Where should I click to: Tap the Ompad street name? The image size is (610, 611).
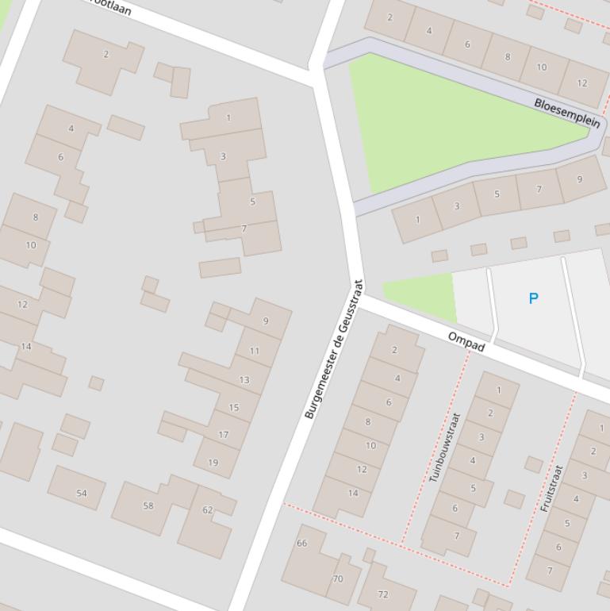[x=466, y=342]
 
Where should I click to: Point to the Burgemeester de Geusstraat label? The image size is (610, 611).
[x=334, y=349]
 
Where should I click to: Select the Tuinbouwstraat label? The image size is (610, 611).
[x=445, y=447]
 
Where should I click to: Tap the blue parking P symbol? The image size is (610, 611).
[x=533, y=298]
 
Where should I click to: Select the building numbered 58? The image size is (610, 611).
[x=148, y=505]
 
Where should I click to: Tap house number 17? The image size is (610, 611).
[x=224, y=435]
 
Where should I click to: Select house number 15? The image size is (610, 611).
[x=234, y=408]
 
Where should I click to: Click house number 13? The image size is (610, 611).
[x=244, y=380]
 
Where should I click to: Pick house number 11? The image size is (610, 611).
[x=255, y=351]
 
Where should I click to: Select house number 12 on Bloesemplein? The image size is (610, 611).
[x=582, y=83]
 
